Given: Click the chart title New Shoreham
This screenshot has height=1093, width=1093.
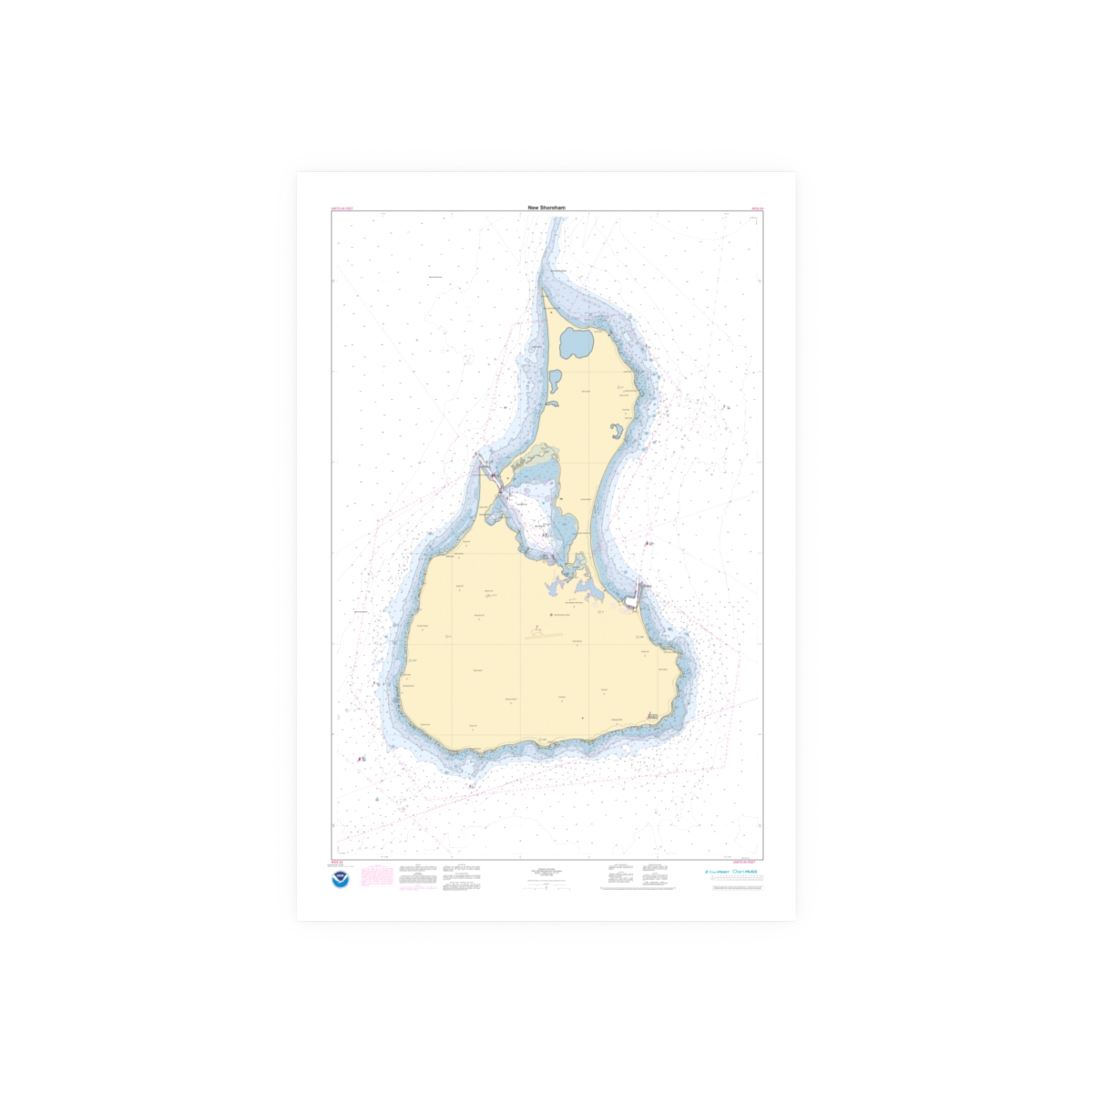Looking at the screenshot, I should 546,208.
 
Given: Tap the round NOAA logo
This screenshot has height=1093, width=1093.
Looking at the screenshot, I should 341,879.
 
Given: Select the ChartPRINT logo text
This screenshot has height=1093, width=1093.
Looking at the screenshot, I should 717,872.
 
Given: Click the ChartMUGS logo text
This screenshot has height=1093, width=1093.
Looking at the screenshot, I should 745,872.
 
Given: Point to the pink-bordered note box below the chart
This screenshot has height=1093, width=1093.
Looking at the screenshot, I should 377,876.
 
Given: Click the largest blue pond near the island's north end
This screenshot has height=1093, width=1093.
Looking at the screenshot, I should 576,343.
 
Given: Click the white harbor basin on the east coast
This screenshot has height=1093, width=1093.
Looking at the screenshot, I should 632,601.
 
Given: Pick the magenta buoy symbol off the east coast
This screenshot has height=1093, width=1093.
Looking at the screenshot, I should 648,544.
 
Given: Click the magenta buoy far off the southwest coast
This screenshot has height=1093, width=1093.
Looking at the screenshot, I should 362,758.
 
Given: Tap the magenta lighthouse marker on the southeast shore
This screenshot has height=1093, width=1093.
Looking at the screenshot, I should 650,720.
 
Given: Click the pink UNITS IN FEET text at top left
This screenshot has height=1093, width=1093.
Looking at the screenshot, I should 342,209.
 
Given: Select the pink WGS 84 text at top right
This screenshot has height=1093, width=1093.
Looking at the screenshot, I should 756,209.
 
